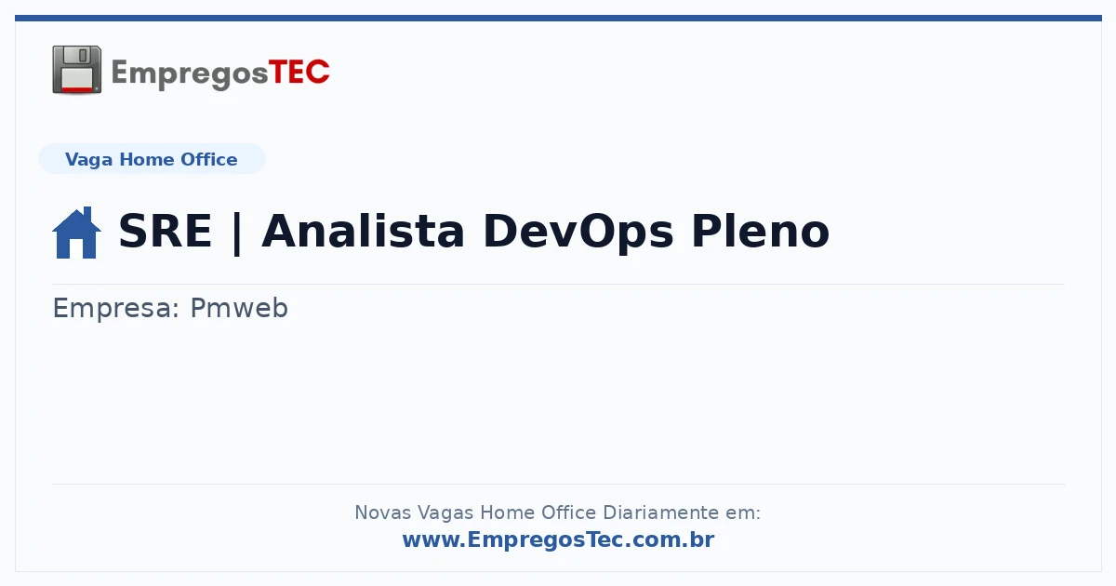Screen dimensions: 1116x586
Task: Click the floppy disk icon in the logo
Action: point(76,70)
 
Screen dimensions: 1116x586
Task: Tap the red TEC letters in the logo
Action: point(299,73)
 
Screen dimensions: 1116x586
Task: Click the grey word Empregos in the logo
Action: point(190,74)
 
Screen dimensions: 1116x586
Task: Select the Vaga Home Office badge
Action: point(152,159)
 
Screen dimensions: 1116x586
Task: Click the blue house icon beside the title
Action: point(76,233)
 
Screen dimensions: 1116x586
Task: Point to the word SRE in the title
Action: point(166,231)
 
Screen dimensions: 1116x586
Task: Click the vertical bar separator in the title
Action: point(236,233)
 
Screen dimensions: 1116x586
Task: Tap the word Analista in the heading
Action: point(363,231)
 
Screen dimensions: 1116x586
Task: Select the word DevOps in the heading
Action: point(578,233)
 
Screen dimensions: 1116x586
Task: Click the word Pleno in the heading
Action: point(761,231)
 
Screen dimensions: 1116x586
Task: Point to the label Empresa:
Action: point(115,308)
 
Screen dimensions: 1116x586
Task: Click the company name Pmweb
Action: point(239,308)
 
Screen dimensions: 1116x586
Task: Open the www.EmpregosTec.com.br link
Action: point(558,539)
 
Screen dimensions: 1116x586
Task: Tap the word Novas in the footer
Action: point(382,513)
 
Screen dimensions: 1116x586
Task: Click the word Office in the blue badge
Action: point(208,159)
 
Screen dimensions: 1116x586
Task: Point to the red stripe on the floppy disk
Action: point(77,89)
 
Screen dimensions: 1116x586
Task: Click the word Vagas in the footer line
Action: point(445,513)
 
